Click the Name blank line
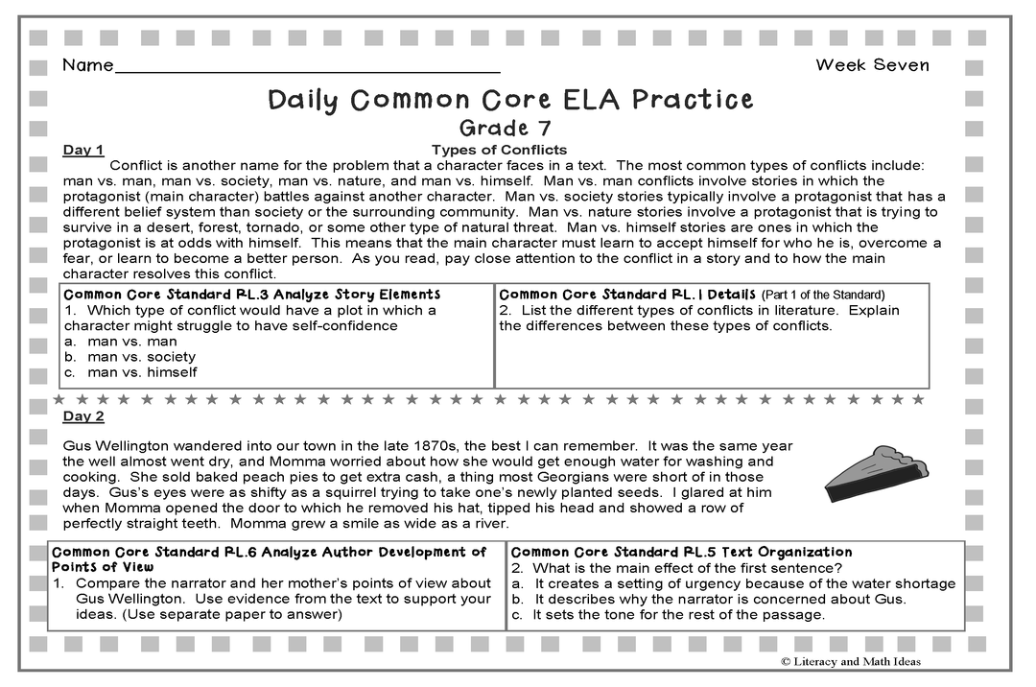[307, 71]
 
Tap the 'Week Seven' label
[872, 65]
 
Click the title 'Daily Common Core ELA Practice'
[510, 100]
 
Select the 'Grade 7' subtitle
[506, 128]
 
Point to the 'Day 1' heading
[83, 150]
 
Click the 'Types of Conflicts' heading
[499, 150]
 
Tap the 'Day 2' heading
[83, 416]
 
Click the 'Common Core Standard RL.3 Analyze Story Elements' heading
[251, 295]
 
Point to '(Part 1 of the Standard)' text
[823, 295]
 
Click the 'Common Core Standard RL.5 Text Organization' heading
[681, 552]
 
